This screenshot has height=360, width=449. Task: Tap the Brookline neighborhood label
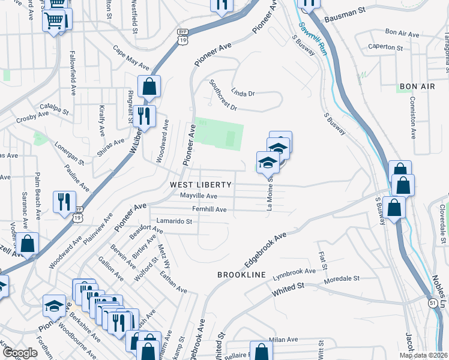click(241, 274)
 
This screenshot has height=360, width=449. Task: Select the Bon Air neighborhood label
click(416, 87)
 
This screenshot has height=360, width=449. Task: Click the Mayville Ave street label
click(199, 196)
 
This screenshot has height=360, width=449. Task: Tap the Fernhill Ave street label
click(209, 209)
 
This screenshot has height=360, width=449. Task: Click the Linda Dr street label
click(243, 94)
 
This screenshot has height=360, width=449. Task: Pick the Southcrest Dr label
click(223, 96)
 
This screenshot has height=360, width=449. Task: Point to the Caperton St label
click(385, 47)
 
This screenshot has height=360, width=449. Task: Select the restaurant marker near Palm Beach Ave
click(64, 201)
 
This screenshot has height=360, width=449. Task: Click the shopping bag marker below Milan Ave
click(261, 352)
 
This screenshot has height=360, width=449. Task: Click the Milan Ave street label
click(284, 340)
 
